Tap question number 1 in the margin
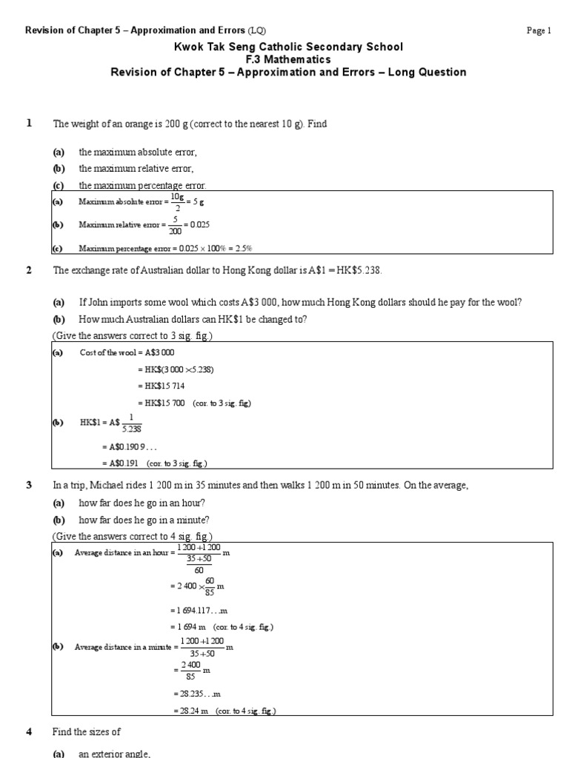coord(30,124)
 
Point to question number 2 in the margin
coord(30,270)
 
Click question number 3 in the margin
coord(30,485)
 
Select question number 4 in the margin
coord(30,731)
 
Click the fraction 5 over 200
coord(172,224)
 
